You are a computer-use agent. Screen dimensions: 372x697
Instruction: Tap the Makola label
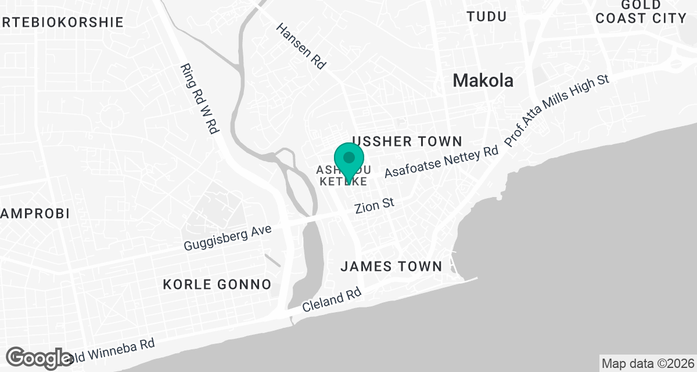[x=483, y=80]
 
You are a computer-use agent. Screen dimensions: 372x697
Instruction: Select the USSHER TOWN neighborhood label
[x=407, y=141]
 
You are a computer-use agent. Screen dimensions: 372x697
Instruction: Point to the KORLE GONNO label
[x=217, y=284]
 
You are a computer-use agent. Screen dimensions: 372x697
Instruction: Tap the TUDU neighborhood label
[x=487, y=16]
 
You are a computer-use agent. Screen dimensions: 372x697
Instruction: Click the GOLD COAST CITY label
[x=641, y=11]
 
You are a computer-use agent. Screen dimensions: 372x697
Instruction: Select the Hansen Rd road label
[x=300, y=46]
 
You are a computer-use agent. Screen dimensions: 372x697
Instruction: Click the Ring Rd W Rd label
[x=199, y=99]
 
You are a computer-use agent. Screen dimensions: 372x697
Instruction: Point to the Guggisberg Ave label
[x=228, y=238]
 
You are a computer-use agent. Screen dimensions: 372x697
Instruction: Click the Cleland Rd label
[x=332, y=302]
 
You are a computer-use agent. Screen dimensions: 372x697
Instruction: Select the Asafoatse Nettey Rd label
[x=441, y=162]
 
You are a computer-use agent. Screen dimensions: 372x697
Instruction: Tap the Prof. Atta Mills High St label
[x=556, y=110]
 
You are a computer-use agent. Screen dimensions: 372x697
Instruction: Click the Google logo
[x=40, y=357]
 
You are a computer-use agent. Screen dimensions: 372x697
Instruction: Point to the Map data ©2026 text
[x=648, y=364]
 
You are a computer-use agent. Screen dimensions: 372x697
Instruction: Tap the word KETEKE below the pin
[x=343, y=182]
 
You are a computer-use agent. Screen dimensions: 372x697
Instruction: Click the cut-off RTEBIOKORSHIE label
[x=62, y=22]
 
